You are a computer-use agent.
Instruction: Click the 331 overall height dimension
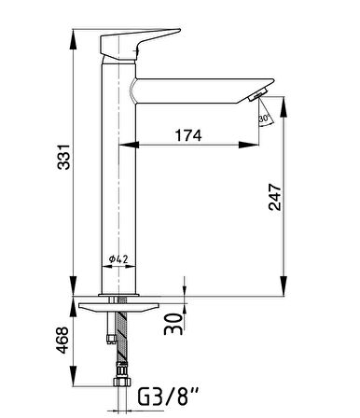(x=63, y=157)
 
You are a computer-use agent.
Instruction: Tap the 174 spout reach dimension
(x=188, y=135)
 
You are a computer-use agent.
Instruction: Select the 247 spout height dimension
(x=275, y=197)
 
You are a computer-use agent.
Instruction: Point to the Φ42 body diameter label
(x=118, y=258)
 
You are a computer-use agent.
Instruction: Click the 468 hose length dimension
(x=62, y=340)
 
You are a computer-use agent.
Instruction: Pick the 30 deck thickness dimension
(x=173, y=324)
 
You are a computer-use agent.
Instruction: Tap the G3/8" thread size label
(x=168, y=397)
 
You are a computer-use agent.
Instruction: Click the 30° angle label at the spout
(x=264, y=118)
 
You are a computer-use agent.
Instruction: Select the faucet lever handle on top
(x=140, y=45)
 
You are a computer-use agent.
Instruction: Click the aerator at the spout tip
(x=258, y=94)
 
